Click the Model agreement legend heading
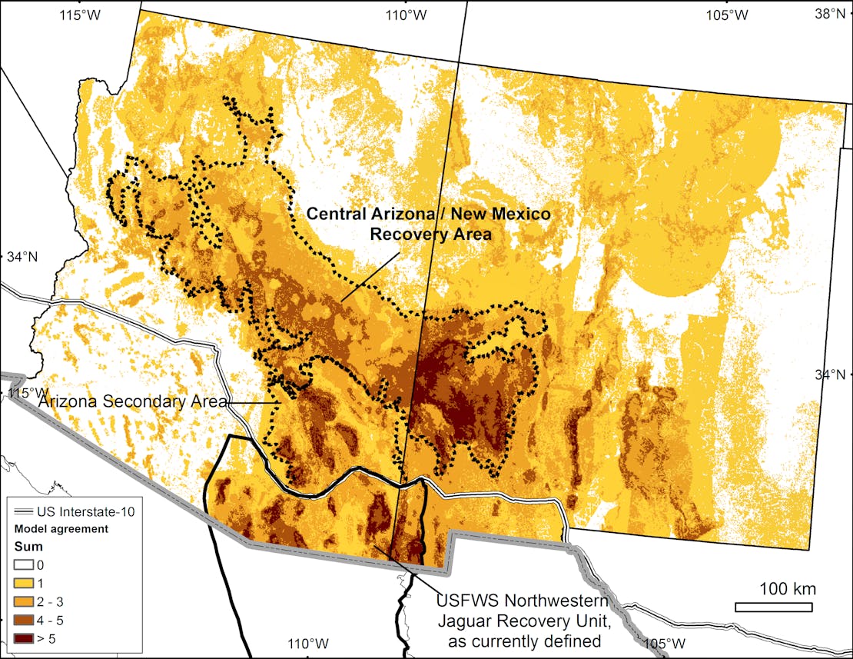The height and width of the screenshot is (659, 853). coord(61,529)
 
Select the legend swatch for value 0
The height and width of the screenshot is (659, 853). coord(23,565)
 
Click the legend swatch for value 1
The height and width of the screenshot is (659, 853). coord(23,583)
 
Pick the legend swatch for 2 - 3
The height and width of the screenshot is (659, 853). coord(23,601)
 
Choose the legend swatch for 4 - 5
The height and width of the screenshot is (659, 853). coord(23,620)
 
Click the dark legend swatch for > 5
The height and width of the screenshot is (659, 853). coord(23,638)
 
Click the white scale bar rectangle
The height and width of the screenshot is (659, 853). coord(773,607)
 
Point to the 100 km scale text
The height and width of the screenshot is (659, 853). coord(788,590)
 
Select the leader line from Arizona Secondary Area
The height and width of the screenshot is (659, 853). coord(254,402)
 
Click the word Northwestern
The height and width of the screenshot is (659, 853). coord(559,600)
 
